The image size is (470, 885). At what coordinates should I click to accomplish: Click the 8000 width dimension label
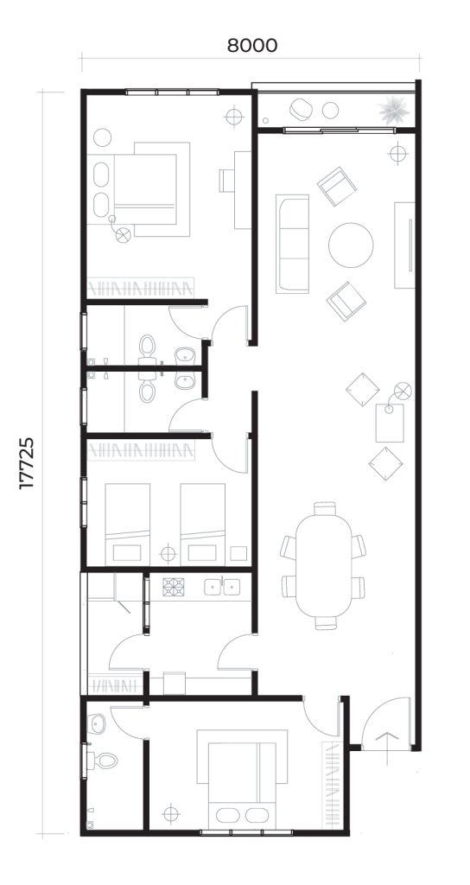tap(252, 45)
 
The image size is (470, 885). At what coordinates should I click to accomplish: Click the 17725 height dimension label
tap(27, 463)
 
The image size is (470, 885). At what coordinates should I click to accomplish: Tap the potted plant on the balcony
tap(394, 110)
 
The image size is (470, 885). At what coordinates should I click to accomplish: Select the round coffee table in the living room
tap(351, 245)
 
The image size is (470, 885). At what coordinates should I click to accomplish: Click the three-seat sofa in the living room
tap(292, 244)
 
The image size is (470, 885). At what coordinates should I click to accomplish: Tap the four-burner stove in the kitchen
tap(173, 587)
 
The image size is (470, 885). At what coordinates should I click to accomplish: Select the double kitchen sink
tap(222, 587)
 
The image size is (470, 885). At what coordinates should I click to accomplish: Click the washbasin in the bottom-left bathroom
tap(97, 722)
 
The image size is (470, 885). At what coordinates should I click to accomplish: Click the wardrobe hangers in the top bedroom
tap(141, 288)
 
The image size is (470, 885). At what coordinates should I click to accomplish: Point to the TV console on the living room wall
tap(404, 245)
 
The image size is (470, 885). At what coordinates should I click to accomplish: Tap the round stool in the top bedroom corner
tap(102, 137)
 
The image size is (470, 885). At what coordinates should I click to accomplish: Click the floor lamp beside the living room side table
tap(403, 391)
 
